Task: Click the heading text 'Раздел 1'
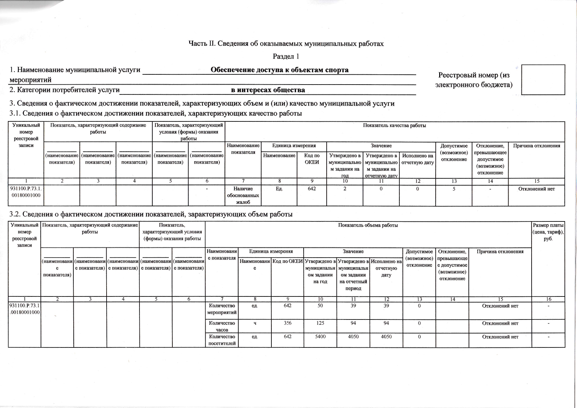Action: click(x=286, y=56)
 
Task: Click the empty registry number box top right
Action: click(x=543, y=80)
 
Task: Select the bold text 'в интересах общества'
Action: click(x=268, y=90)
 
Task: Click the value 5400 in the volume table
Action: click(x=320, y=337)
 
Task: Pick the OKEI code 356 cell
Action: click(x=288, y=323)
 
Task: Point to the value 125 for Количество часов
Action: click(x=320, y=323)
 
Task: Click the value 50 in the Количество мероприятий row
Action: click(x=320, y=306)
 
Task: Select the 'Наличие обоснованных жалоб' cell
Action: click(x=243, y=195)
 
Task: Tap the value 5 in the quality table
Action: click(x=454, y=189)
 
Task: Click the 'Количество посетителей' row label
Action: click(x=222, y=340)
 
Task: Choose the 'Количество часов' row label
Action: click(x=222, y=326)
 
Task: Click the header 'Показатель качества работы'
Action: click(x=394, y=125)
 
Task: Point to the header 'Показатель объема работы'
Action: click(x=368, y=225)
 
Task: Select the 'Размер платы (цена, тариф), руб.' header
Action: click(x=548, y=232)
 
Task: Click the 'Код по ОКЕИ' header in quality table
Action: click(x=312, y=159)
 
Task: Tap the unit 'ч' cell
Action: click(x=255, y=323)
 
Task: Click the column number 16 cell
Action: click(x=548, y=299)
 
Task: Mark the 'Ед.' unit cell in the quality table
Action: click(x=279, y=189)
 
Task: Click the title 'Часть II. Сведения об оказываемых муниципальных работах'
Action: click(x=286, y=43)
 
